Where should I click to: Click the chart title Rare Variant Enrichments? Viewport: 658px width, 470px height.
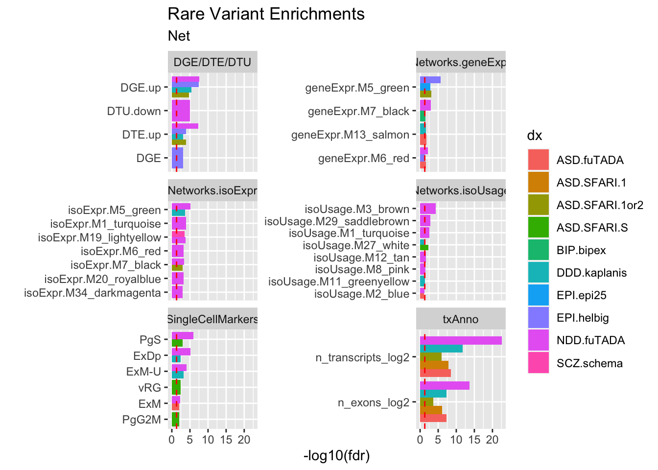(266, 14)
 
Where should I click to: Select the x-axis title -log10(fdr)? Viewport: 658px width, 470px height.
(336, 456)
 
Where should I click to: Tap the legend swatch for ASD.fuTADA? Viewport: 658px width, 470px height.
(539, 160)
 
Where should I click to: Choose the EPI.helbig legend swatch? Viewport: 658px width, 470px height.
(539, 318)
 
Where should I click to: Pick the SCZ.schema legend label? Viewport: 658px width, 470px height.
(589, 363)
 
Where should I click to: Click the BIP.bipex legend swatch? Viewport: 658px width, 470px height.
(539, 250)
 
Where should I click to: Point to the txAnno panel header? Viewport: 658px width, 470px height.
(460, 319)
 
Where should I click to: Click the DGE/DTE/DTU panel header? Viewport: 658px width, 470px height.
(212, 62)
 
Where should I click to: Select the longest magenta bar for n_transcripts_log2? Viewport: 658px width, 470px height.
(461, 340)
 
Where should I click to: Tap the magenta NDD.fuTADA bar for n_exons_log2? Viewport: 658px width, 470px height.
(445, 385)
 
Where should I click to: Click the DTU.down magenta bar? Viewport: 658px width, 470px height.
(181, 111)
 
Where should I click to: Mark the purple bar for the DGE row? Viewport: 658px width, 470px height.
(177, 158)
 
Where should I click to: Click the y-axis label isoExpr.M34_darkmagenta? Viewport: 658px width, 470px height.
(93, 293)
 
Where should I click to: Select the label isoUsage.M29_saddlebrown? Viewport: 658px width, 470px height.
(337, 221)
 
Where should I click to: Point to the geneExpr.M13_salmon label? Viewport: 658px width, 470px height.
(350, 135)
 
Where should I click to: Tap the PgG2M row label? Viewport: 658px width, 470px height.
(141, 420)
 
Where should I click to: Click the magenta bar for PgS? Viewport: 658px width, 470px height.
(183, 335)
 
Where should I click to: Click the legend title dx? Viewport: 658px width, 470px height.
(534, 136)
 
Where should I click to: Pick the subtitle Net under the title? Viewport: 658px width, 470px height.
(179, 36)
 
